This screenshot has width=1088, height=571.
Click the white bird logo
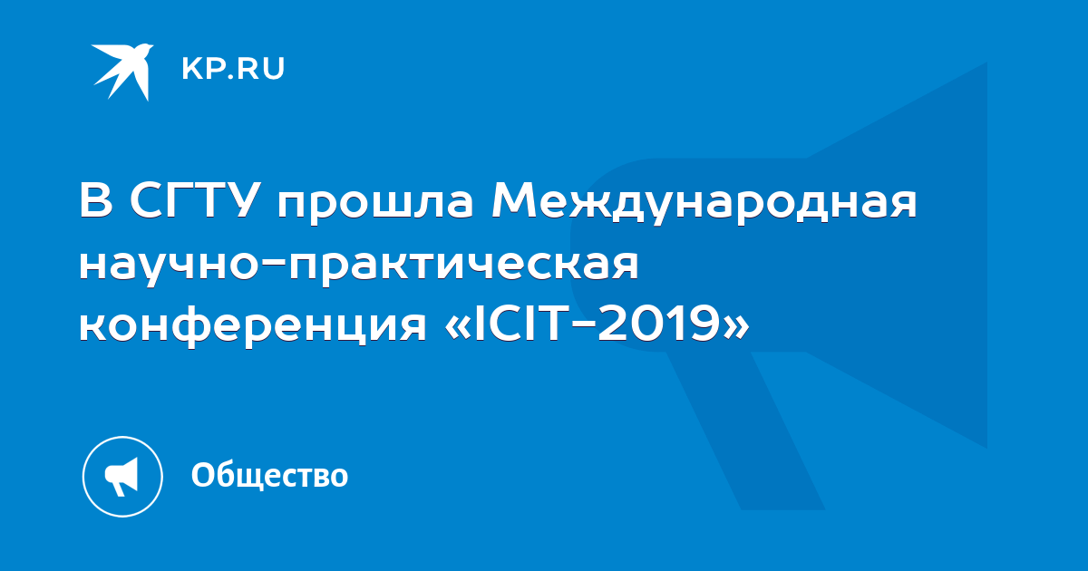click(x=122, y=72)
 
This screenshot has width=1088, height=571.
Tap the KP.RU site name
click(x=233, y=69)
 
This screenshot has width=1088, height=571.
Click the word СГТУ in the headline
click(x=192, y=200)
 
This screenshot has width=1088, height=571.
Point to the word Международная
click(x=704, y=203)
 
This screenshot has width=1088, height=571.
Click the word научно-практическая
click(x=359, y=266)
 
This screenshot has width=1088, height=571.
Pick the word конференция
click(x=253, y=325)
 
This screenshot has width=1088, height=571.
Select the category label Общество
click(x=269, y=475)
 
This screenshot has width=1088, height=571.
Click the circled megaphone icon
click(x=122, y=477)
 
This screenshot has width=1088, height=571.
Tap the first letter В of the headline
click(x=96, y=199)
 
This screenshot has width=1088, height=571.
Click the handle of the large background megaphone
click(x=745, y=430)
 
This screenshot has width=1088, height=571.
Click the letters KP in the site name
click(x=202, y=69)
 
